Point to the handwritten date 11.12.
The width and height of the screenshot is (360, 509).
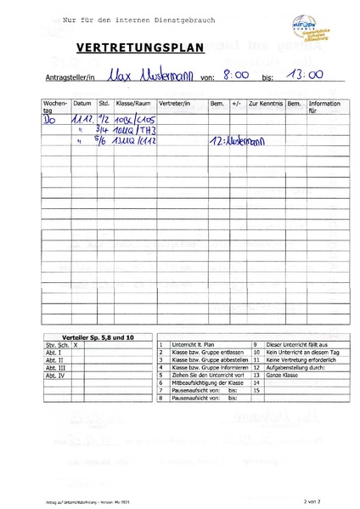point(83,121)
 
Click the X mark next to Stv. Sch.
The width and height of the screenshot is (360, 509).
point(76,346)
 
